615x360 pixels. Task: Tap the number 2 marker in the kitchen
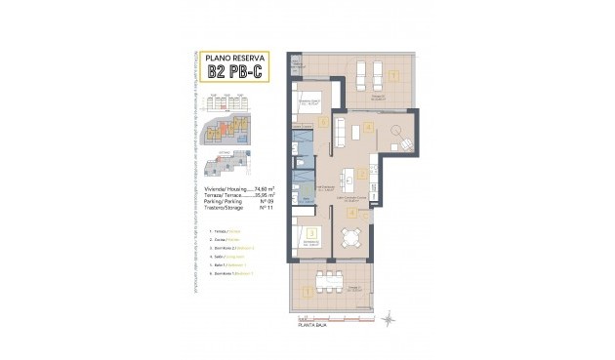(x=361, y=175)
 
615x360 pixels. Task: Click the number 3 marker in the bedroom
(x=309, y=232)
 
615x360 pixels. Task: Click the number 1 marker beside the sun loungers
(x=392, y=76)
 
